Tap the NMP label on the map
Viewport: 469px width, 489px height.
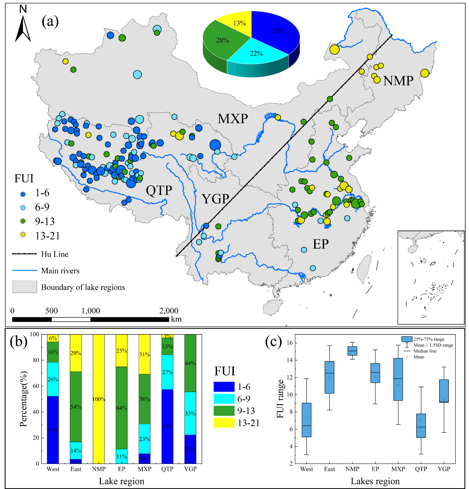(398, 81)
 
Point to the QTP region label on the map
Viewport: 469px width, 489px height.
(159, 190)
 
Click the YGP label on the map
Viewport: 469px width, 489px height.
(215, 199)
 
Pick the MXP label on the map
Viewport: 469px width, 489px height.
(232, 119)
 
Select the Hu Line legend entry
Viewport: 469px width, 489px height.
(55, 254)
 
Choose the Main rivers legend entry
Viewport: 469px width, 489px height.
(60, 271)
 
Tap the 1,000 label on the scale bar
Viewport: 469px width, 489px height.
(91, 311)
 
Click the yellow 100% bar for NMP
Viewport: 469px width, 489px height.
(99, 399)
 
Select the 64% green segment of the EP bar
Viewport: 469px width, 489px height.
(122, 408)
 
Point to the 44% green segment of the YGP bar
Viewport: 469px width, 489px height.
(190, 363)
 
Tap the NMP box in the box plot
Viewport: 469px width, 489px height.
(352, 351)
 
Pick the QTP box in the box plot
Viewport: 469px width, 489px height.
(421, 425)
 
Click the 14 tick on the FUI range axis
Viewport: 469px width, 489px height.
(290, 360)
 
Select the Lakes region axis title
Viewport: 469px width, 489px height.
(375, 481)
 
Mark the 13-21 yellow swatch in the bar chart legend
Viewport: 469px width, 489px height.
(224, 423)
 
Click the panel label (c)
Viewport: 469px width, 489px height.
(273, 341)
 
